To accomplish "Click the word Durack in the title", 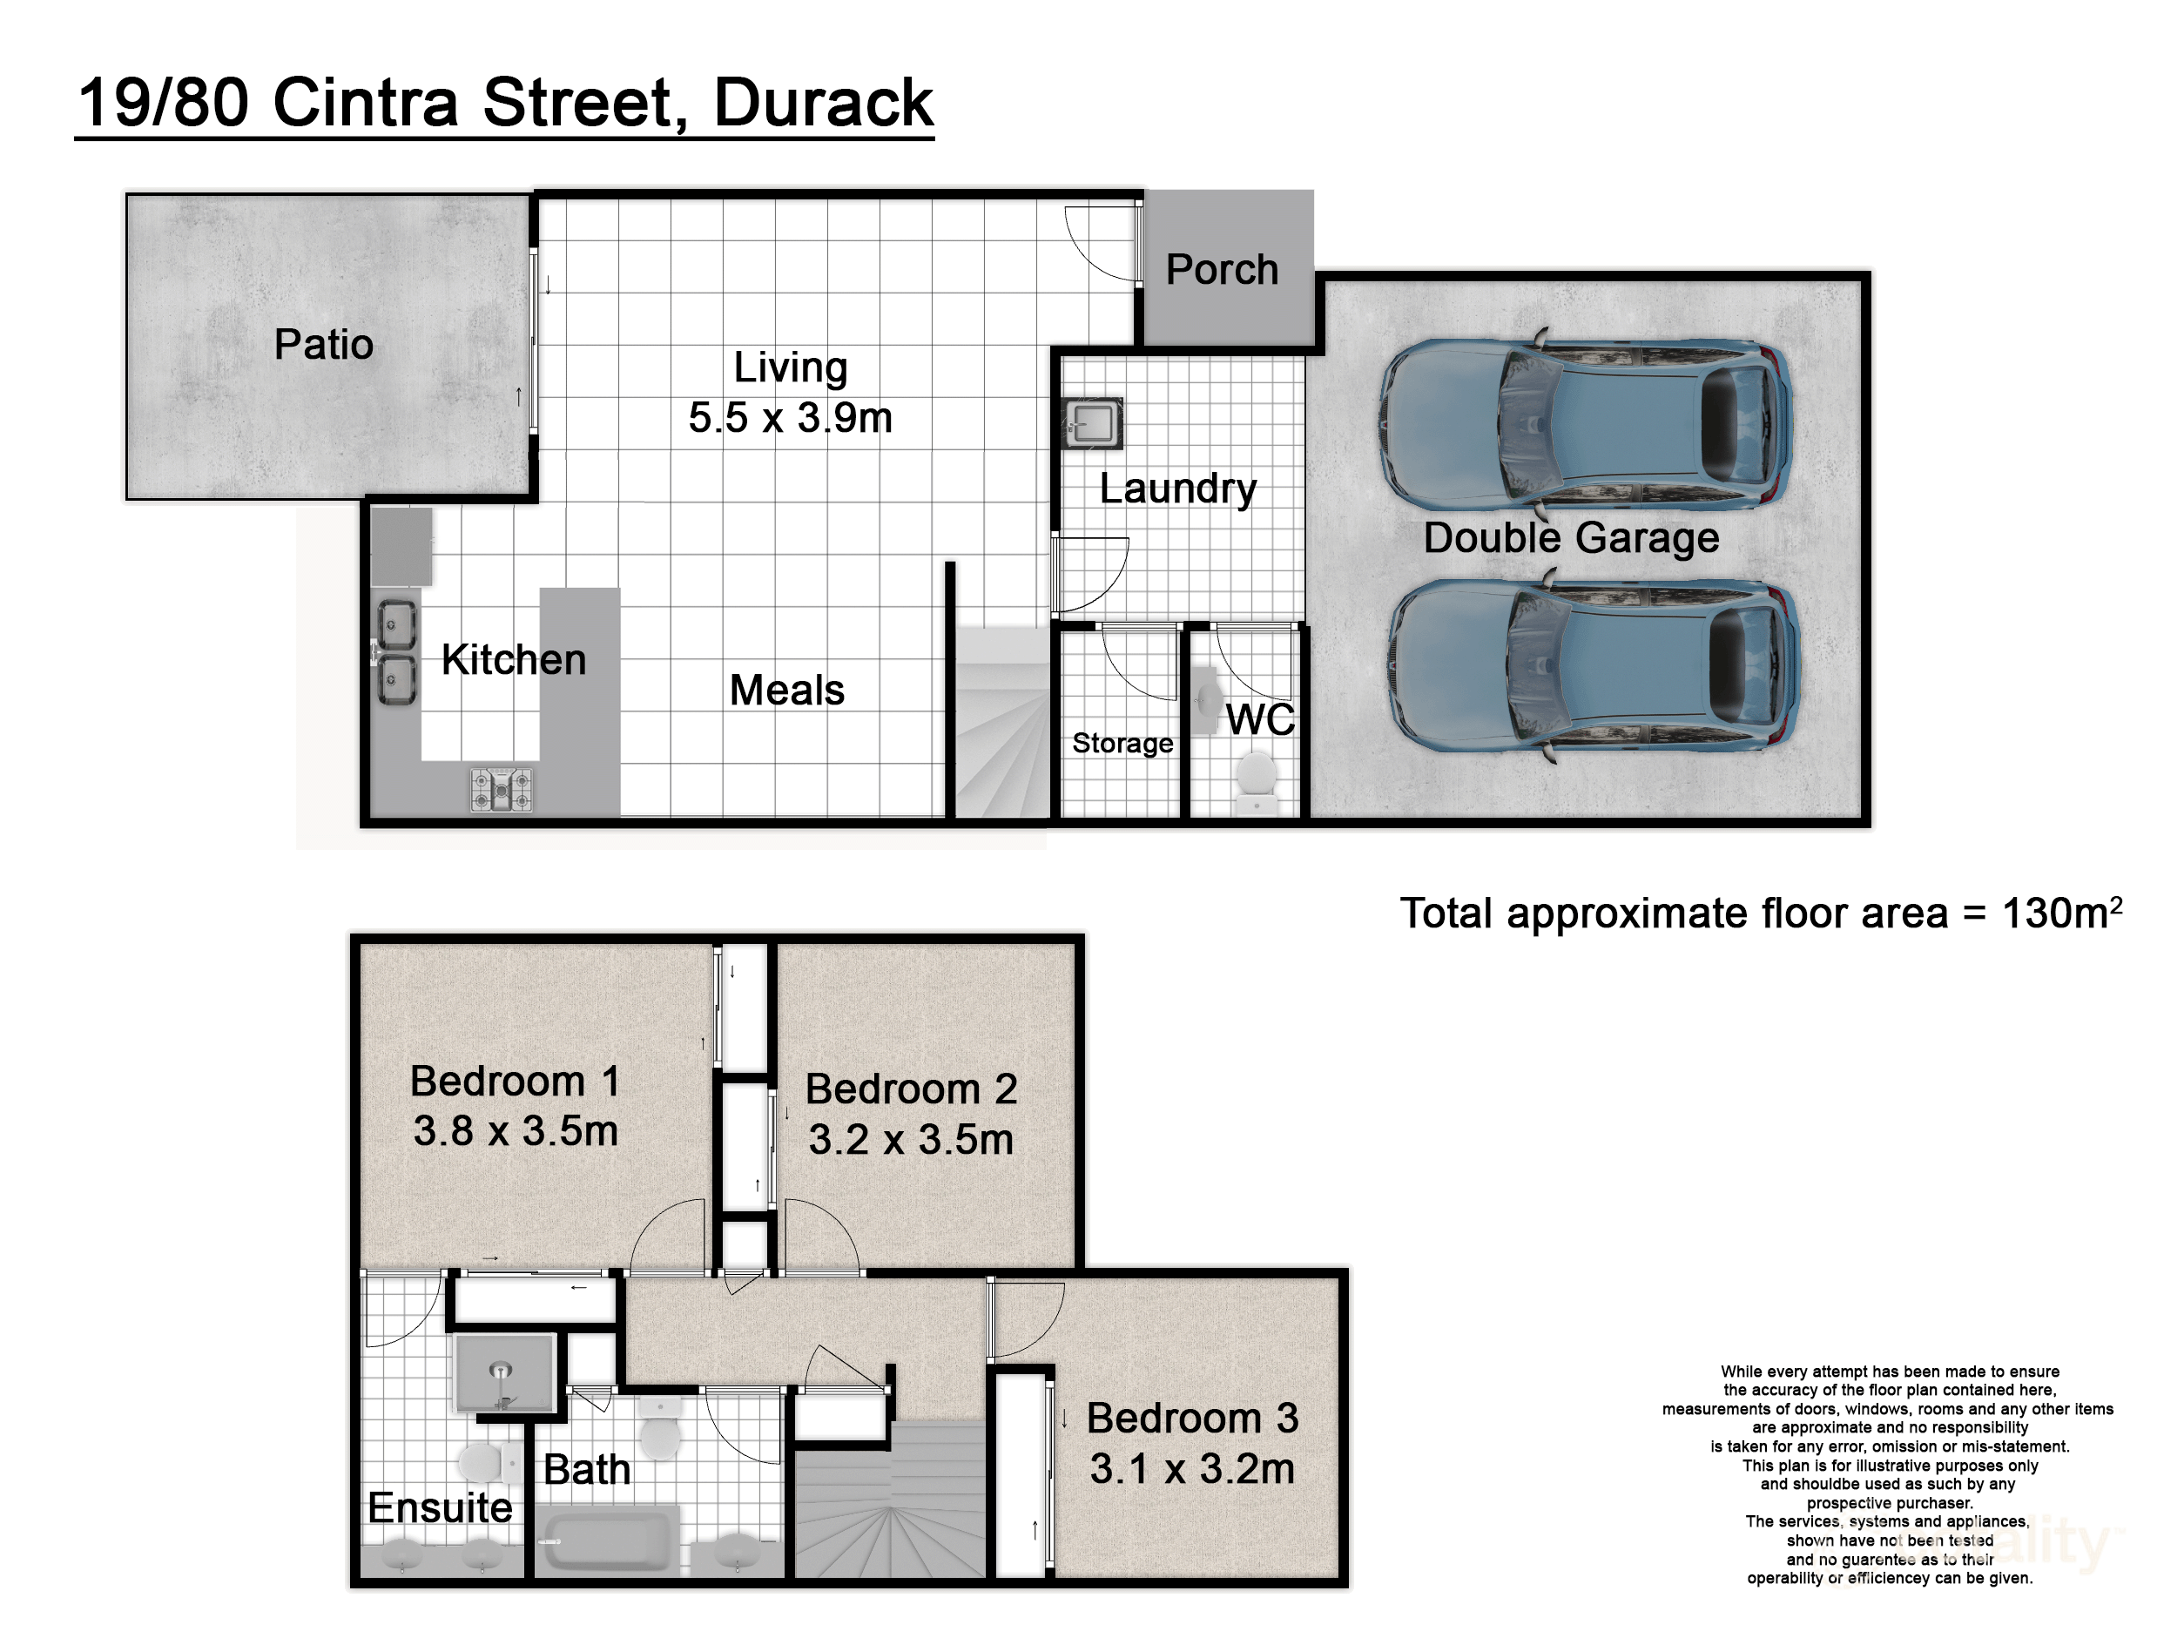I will click(821, 103).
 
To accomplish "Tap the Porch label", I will click(1222, 270).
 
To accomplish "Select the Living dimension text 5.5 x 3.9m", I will click(790, 418).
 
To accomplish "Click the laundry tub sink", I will click(1092, 423).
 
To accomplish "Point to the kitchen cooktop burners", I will click(502, 790).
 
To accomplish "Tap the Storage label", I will click(1122, 743).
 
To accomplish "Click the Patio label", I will click(323, 345).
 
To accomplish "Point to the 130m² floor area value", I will click(2060, 913).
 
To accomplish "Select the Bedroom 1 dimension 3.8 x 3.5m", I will click(516, 1131).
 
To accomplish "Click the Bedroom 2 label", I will click(910, 1089).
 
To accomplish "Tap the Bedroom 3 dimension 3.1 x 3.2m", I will click(1192, 1469).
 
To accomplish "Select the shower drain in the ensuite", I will click(502, 1371).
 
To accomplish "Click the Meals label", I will click(787, 691).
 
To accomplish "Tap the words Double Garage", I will click(1571, 538).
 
